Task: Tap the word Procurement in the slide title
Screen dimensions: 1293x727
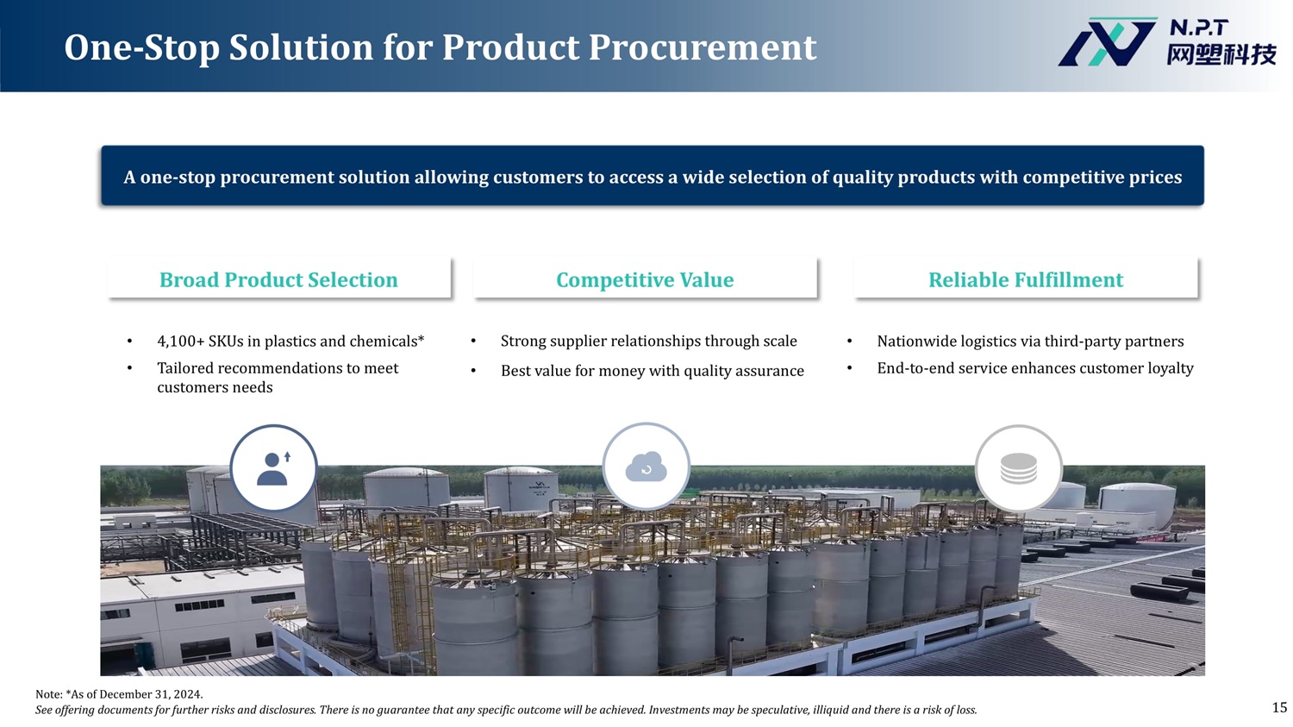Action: [703, 47]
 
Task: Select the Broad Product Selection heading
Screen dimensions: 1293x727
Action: [278, 280]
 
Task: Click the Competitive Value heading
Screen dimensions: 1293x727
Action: [645, 280]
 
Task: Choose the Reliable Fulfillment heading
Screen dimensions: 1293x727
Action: [1026, 280]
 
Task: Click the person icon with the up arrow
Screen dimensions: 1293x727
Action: [273, 468]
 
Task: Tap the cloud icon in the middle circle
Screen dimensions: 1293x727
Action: [646, 467]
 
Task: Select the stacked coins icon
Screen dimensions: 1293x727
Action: [1018, 468]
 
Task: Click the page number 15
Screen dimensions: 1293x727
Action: [1280, 707]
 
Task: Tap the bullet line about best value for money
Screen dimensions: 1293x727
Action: [653, 371]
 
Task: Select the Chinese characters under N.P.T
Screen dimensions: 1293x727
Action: [1221, 55]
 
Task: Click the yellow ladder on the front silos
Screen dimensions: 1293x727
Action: [399, 606]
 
